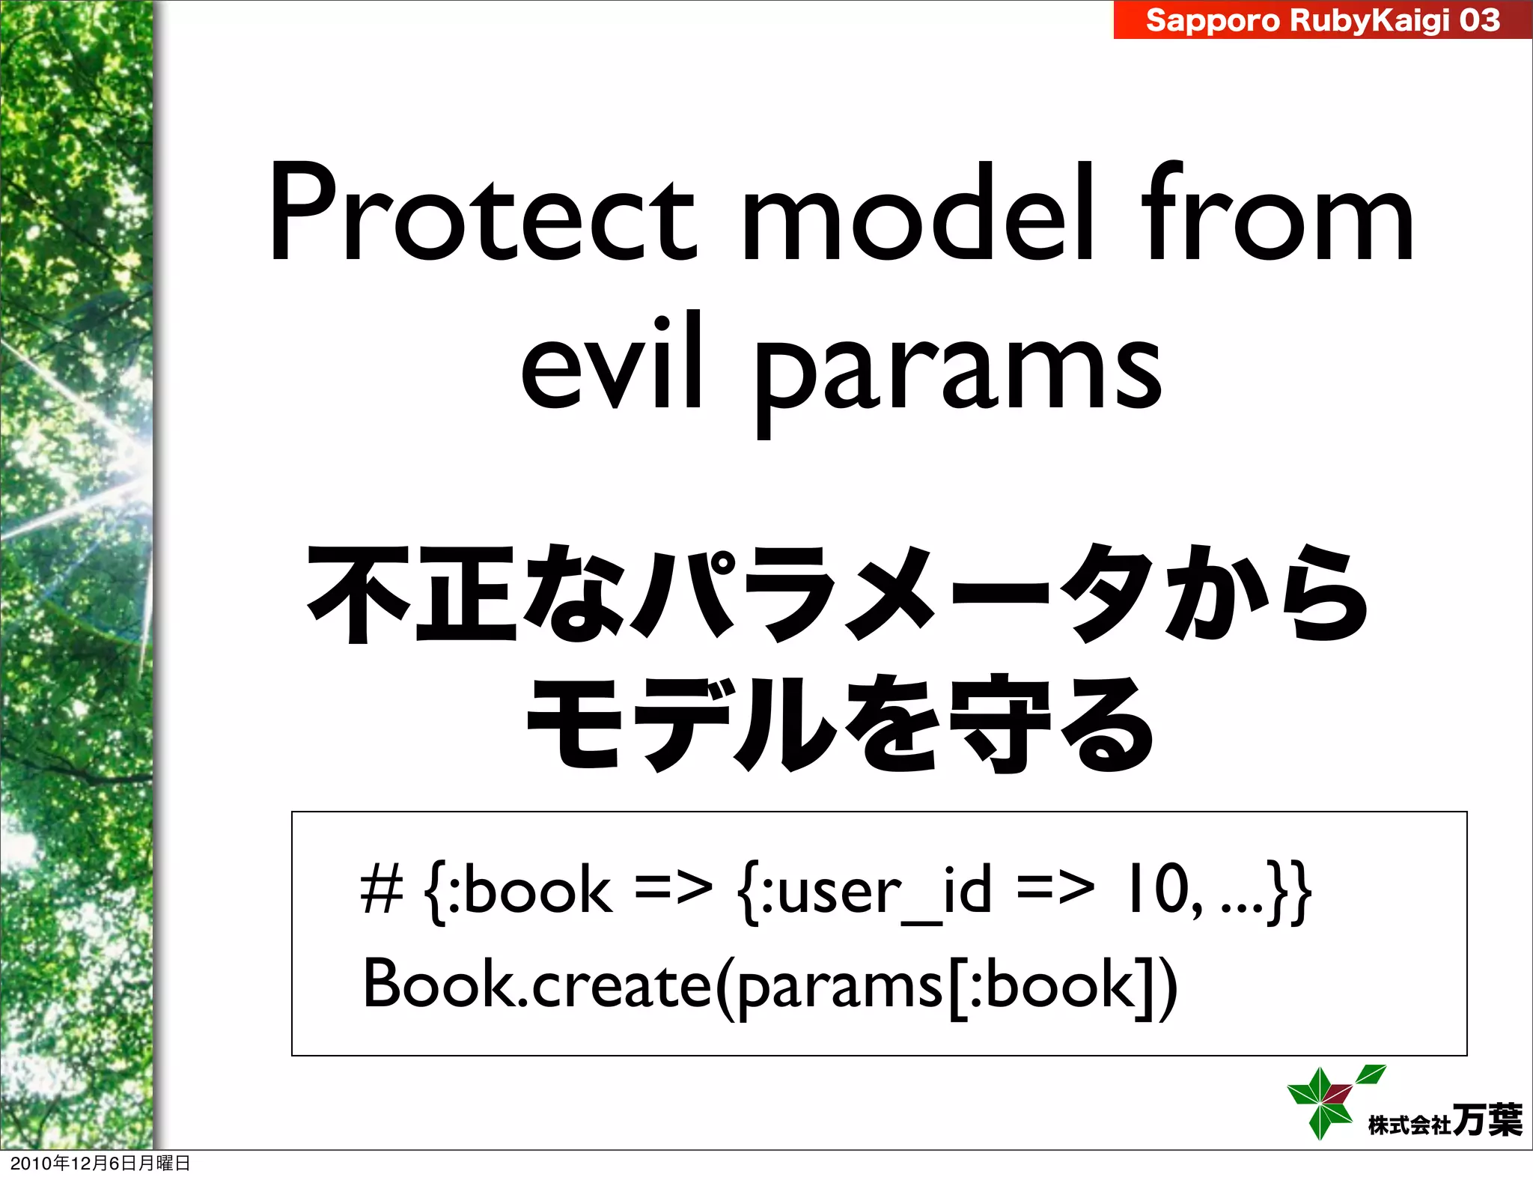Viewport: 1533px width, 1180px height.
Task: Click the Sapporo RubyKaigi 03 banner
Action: coord(1322,20)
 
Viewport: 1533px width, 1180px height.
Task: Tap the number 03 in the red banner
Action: coord(1479,20)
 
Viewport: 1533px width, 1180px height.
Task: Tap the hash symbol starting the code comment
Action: coord(382,891)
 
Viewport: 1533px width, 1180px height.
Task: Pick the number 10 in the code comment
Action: coord(1156,891)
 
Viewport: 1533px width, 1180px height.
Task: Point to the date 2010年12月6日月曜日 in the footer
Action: coord(100,1163)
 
